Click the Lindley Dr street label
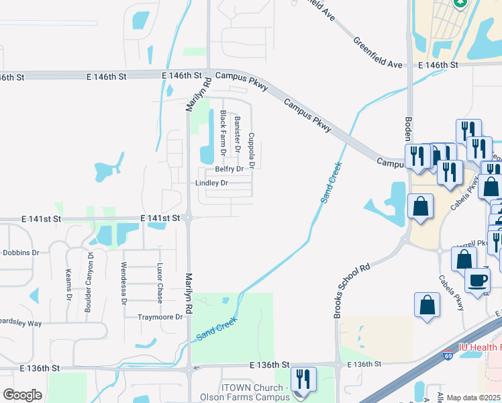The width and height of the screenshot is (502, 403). (x=211, y=183)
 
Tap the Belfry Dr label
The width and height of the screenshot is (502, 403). (x=229, y=169)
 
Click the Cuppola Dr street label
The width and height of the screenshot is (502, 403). (x=252, y=150)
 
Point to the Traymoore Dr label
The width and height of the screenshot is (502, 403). (x=160, y=317)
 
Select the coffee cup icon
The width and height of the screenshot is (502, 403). (x=477, y=279)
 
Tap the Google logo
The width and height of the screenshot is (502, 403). (x=22, y=395)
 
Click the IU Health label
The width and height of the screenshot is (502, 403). (x=479, y=347)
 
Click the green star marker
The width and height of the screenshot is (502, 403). (x=460, y=3)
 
